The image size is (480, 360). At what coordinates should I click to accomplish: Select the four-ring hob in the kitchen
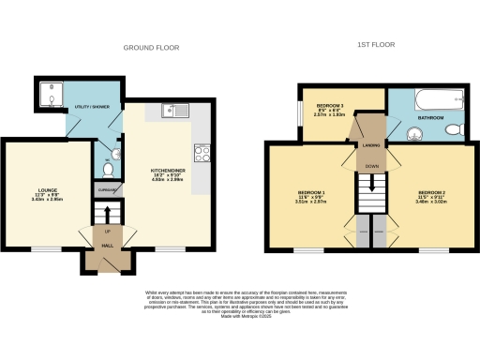pos(202,151)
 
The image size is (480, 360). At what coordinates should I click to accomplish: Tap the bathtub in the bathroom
pos(436,98)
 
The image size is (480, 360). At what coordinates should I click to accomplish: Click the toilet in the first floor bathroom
pos(453,130)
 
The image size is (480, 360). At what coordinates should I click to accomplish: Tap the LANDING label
pos(370,146)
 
